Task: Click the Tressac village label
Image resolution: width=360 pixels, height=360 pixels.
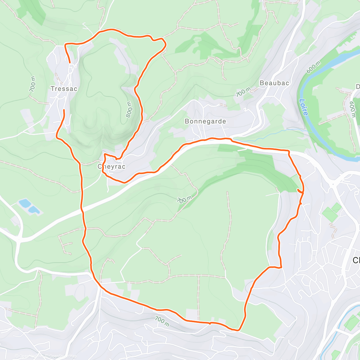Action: coord(64,89)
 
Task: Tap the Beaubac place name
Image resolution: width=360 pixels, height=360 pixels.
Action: coord(274,83)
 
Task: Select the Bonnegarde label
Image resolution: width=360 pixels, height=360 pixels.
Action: coord(205,121)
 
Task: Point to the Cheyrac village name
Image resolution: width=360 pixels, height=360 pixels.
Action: coord(112,166)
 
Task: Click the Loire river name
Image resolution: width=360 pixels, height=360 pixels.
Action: coord(304,107)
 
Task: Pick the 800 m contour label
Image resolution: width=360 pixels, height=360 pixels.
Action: coord(129,109)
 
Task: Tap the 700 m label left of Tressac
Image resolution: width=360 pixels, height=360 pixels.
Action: coord(33,84)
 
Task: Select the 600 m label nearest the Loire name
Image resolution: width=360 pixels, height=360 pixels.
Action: coord(313,67)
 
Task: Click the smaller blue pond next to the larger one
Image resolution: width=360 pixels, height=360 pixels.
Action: coord(34,210)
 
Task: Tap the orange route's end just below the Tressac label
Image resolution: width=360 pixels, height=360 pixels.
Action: coord(64,110)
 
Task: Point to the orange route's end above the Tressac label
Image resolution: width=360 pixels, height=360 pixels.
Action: coord(70,62)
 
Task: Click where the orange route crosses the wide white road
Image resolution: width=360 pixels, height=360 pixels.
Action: coord(81,211)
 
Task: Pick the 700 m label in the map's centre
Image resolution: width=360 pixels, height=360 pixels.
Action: coord(184,199)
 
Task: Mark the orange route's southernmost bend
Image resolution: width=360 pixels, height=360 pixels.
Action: coord(238,330)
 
